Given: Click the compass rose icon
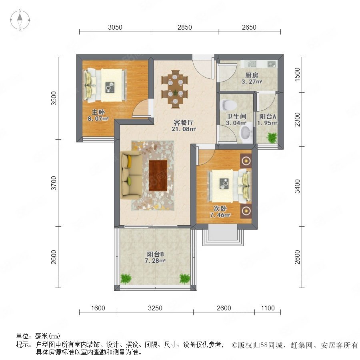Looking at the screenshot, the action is (20, 20).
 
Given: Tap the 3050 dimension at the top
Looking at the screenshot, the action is (115, 27).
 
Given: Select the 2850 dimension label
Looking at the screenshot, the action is (184, 27).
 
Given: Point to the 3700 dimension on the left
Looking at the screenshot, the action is (54, 183).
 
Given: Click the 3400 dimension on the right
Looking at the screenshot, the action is (297, 186).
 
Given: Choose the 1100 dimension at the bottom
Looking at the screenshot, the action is (268, 308).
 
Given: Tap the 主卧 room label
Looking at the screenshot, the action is (98, 112).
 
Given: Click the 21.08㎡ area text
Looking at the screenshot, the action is (184, 129).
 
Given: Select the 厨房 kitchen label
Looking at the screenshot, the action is (252, 75).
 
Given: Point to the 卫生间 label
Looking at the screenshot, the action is (236, 117).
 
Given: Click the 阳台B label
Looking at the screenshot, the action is (155, 254).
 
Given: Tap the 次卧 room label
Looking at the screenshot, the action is (220, 208).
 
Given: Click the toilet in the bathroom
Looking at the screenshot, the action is (228, 105).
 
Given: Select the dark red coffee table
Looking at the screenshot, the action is (158, 176).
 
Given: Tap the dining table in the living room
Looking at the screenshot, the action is (175, 89).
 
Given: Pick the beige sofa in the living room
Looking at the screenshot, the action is (132, 176).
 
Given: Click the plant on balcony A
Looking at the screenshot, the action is (272, 138).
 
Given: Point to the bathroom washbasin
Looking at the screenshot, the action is (246, 132).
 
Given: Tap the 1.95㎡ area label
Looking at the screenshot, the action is (268, 123).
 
